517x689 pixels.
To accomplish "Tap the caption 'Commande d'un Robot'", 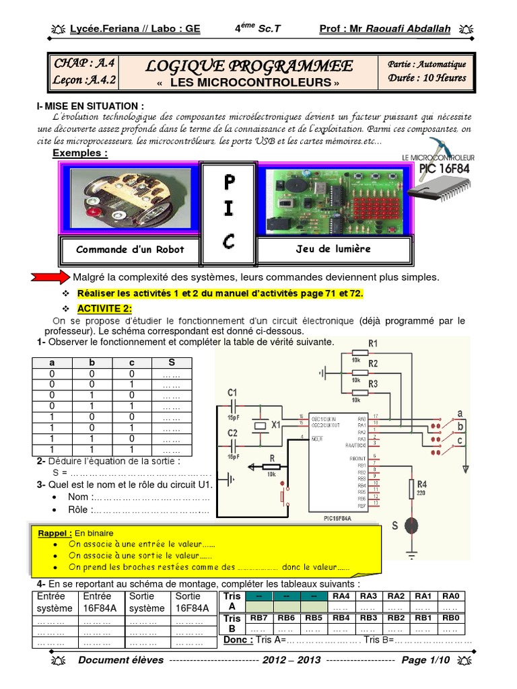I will [x=130, y=249].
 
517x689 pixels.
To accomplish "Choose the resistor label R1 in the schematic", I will [x=373, y=344].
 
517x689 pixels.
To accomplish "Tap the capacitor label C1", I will [x=233, y=392].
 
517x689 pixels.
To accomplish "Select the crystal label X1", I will [x=275, y=426].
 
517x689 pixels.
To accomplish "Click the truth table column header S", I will [x=172, y=362].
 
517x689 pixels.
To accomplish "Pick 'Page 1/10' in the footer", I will [x=425, y=660].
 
